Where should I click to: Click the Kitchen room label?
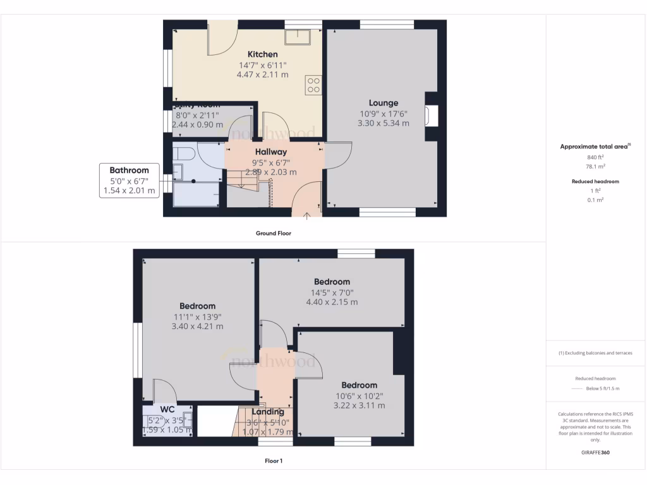[x=262, y=54]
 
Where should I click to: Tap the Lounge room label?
[x=384, y=103]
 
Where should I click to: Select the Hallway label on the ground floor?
[x=271, y=152]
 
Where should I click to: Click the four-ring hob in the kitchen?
[x=313, y=85]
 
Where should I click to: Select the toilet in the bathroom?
[x=184, y=153]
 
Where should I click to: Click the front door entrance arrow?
[x=307, y=216]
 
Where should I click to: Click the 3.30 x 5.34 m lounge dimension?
[x=384, y=123]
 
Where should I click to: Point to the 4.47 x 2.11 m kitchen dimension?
[x=262, y=75]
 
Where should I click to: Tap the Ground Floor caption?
[x=273, y=233]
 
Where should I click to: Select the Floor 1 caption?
[x=273, y=461]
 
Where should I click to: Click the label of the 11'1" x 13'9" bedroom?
[x=197, y=306]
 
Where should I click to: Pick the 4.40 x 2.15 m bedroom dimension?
[x=332, y=302]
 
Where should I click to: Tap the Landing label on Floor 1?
[x=269, y=412]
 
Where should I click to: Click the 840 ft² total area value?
[x=592, y=157]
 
